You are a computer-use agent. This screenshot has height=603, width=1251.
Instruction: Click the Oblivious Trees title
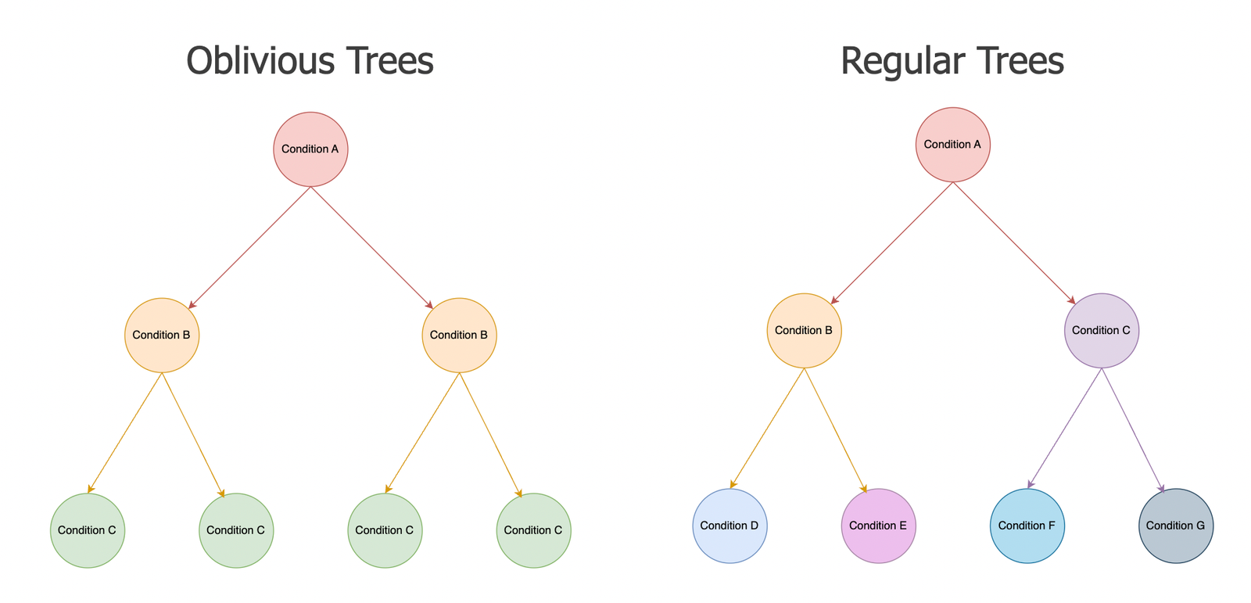tap(310, 60)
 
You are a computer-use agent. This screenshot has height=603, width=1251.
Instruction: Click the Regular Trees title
tap(952, 60)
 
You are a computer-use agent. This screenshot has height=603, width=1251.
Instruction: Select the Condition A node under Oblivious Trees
tap(310, 149)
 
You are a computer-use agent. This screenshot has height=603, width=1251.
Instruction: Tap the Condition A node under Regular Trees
tap(953, 145)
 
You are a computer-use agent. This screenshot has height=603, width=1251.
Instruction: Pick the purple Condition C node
tap(1102, 331)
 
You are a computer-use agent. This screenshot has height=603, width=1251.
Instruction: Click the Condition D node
tap(730, 526)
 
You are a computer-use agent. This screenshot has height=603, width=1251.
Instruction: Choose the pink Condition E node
tap(879, 526)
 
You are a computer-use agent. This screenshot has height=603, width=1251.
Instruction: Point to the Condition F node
tap(1027, 526)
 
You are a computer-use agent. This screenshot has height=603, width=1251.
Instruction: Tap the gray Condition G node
tap(1176, 526)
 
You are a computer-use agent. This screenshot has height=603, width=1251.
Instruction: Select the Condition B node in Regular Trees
tap(805, 331)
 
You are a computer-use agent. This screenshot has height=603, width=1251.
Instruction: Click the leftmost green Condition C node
tap(88, 530)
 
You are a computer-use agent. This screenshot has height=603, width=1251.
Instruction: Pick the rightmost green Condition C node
tap(534, 530)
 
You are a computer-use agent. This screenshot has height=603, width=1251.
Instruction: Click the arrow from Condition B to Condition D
tap(767, 429)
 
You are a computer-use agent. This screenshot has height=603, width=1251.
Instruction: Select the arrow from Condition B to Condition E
tap(836, 431)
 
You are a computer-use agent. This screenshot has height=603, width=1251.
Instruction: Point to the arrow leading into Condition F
tap(1064, 429)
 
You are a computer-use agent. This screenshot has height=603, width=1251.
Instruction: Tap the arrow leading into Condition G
tap(1133, 431)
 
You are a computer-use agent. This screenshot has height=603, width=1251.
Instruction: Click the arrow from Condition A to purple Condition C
tap(1013, 243)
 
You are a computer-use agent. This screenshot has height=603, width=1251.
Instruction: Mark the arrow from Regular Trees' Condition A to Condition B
tap(892, 243)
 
